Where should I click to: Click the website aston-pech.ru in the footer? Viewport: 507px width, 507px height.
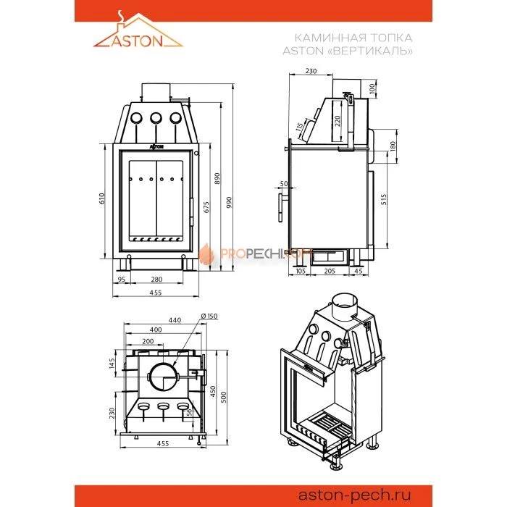[x=354, y=495]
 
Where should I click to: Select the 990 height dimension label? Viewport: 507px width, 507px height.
[x=229, y=202]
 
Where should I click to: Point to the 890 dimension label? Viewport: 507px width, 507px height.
[x=217, y=178]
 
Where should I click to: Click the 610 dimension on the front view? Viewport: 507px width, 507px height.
[x=102, y=198]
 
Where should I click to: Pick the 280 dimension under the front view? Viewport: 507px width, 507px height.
[x=156, y=280]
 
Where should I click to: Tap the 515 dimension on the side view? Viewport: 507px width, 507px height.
[x=384, y=199]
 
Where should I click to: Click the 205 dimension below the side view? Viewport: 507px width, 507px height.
[x=330, y=271]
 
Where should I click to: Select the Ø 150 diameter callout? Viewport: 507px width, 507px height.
[x=209, y=316]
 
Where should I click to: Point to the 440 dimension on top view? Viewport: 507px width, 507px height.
[x=175, y=320]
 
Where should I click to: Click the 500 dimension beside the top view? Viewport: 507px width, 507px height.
[x=224, y=397]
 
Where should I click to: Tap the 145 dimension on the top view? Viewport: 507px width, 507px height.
[x=112, y=364]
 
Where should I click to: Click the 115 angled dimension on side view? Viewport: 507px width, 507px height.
[x=299, y=127]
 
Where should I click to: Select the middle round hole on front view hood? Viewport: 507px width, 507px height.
[x=156, y=118]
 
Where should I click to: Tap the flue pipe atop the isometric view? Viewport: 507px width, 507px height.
[x=344, y=304]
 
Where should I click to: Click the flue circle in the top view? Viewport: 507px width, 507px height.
[x=163, y=377]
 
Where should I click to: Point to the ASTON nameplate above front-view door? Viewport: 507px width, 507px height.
[x=156, y=147]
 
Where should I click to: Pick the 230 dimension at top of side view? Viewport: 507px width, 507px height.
[x=311, y=71]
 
